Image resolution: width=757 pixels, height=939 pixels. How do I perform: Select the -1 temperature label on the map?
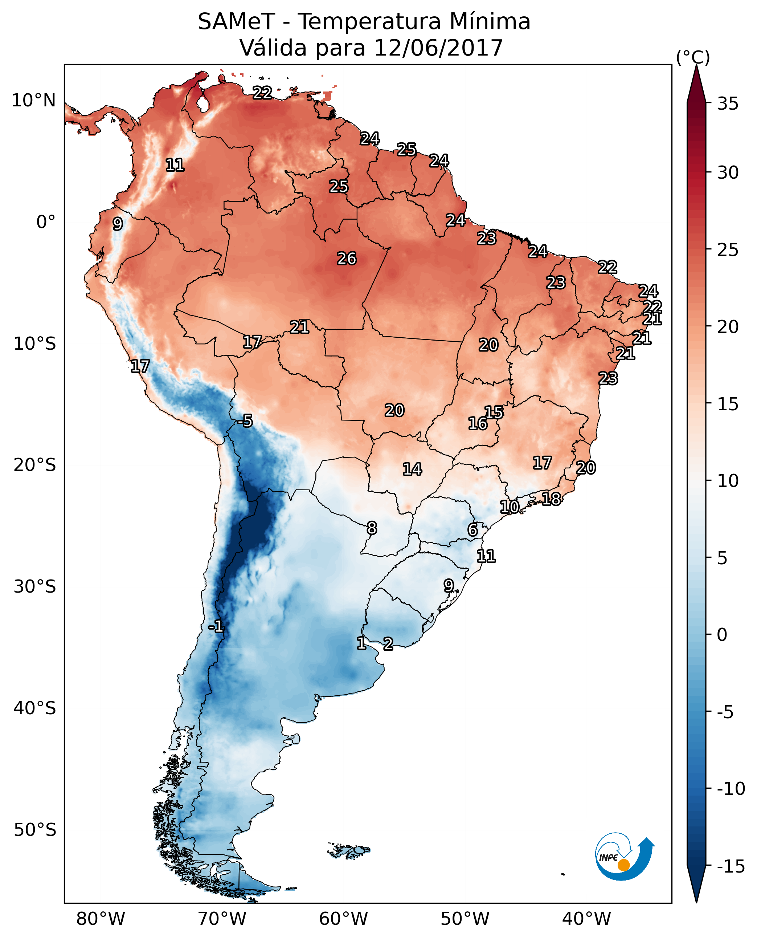[216, 627]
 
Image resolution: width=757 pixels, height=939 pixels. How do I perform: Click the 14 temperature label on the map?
[412, 469]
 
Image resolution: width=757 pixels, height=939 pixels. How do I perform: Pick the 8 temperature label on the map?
[372, 528]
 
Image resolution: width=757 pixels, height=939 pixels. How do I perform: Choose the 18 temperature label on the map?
[551, 499]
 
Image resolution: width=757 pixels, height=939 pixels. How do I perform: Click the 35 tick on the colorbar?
[728, 104]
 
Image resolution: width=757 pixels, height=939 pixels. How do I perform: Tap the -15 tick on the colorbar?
[731, 866]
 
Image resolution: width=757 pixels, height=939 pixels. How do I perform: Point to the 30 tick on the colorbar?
[728, 173]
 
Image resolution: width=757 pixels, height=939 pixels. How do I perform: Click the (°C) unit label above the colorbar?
[693, 57]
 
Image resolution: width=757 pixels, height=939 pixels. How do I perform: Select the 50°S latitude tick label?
[35, 829]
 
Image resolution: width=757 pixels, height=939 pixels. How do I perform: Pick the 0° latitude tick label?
[46, 222]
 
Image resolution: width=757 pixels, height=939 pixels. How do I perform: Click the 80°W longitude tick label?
[101, 919]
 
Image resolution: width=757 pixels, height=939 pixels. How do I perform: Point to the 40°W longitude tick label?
[586, 919]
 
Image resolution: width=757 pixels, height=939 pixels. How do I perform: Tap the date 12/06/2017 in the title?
[439, 48]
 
